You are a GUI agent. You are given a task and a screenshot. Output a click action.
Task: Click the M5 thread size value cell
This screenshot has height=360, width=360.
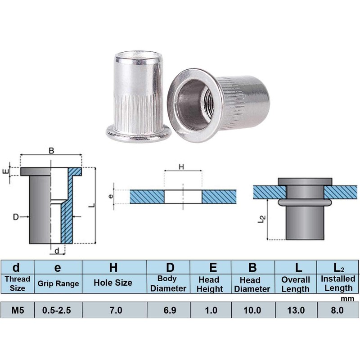pyautogui.click(x=17, y=310)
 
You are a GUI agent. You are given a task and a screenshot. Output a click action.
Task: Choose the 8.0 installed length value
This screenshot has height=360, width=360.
pyautogui.click(x=337, y=310)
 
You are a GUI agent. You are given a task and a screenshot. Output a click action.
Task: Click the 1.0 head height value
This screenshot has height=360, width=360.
pyautogui.click(x=210, y=310)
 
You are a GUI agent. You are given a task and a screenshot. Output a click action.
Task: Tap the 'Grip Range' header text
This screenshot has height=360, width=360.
pyautogui.click(x=58, y=283)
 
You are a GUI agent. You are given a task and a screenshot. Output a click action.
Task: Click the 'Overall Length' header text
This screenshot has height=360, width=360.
pyautogui.click(x=296, y=284)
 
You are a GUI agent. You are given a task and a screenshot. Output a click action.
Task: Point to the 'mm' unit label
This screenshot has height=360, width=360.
pyautogui.click(x=347, y=298)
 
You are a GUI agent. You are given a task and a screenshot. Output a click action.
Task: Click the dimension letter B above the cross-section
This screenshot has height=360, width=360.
pyautogui.click(x=51, y=151)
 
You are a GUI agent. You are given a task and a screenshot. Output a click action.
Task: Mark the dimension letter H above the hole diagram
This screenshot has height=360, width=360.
pyautogui.click(x=182, y=167)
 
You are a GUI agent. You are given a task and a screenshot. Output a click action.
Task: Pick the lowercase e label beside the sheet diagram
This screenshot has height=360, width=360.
pyautogui.click(x=111, y=196)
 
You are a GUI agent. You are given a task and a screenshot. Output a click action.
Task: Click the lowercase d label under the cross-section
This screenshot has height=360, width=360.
pyautogui.click(x=57, y=251)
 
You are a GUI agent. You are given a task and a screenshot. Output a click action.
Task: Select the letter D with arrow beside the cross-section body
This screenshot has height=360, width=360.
pyautogui.click(x=16, y=217)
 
